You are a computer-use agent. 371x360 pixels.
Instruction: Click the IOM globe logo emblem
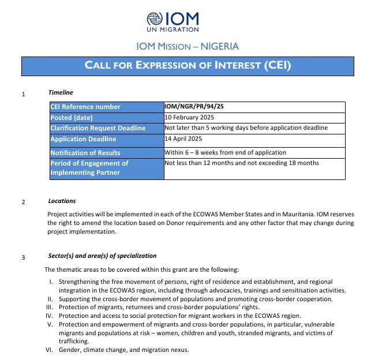tap(155, 20)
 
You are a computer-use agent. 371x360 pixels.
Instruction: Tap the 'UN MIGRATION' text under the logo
tap(173, 29)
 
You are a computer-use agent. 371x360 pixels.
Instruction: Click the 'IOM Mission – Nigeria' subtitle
tap(188, 47)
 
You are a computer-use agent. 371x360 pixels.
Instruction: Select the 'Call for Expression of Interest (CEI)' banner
tap(188, 65)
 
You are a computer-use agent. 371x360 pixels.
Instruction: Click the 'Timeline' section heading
tap(61, 92)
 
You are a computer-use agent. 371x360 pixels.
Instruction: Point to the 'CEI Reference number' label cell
tap(85, 107)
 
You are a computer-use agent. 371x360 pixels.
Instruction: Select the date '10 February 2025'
tap(190, 118)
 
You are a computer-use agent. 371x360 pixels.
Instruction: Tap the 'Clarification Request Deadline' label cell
tap(98, 128)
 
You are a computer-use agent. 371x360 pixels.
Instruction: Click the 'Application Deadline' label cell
tap(83, 139)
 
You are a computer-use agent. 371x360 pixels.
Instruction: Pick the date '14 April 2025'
tap(183, 139)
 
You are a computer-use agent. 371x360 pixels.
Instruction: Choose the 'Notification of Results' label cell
tap(85, 153)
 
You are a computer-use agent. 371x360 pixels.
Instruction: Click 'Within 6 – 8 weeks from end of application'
tap(226, 152)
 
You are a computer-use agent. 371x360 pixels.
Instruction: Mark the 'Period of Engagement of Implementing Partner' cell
tap(89, 168)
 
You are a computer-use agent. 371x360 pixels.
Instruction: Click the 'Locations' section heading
tap(62, 201)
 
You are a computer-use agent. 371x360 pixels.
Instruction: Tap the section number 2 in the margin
tap(23, 202)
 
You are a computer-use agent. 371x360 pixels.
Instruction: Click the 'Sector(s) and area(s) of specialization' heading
tap(102, 256)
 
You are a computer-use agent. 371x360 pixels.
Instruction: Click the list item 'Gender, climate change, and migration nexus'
tap(124, 350)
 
